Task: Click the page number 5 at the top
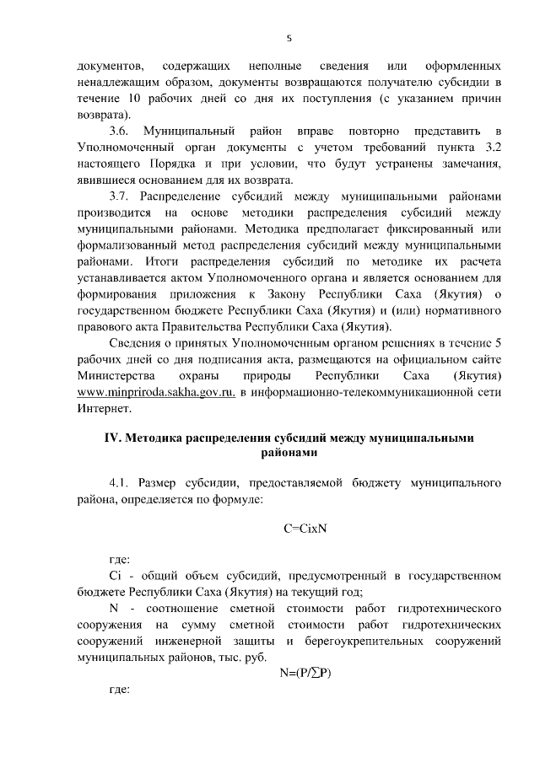[x=289, y=38]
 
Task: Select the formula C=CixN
[x=305, y=529]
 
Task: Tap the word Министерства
[x=116, y=376]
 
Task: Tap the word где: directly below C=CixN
[x=121, y=559]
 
